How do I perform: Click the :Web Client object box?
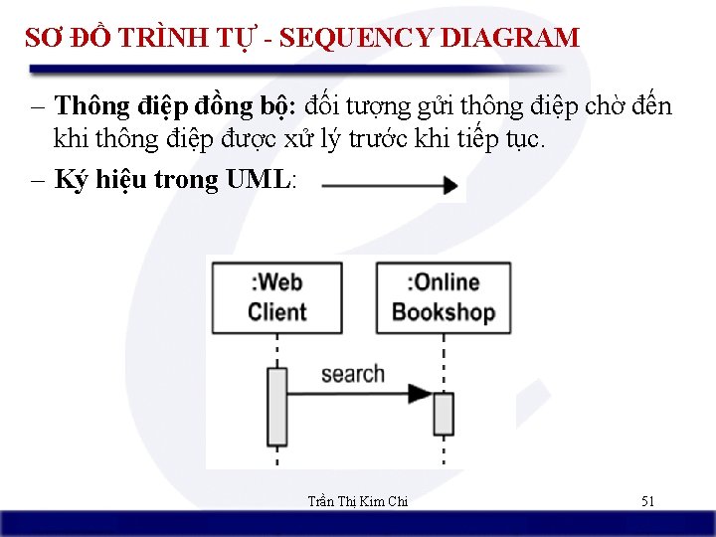point(275,296)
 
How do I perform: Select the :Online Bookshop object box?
point(443,296)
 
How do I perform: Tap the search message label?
point(352,374)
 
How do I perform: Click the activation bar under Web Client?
point(276,406)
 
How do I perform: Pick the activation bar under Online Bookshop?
point(443,414)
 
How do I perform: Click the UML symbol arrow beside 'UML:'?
point(390,185)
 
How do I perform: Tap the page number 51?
point(647,501)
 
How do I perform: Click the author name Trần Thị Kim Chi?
point(357,501)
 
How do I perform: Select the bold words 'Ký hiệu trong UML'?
point(173,180)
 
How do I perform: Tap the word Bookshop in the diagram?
point(443,311)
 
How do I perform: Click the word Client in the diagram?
point(276,311)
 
